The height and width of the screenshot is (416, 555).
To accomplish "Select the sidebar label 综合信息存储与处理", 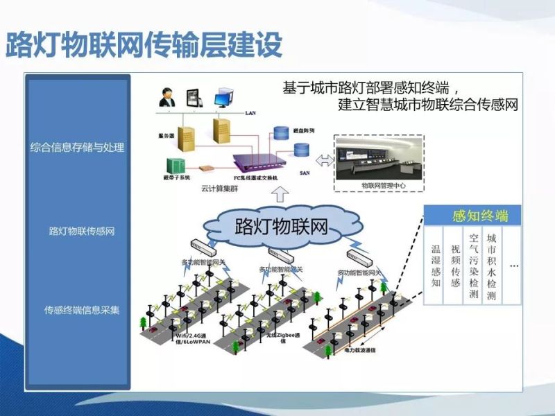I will tap(77, 147).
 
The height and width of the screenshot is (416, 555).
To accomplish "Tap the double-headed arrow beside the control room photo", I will tap(323, 161).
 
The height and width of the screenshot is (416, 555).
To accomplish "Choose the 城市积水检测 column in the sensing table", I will tap(492, 266).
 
